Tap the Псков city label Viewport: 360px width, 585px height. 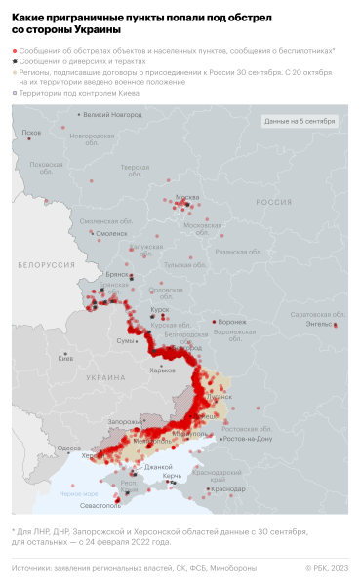(x=32, y=132)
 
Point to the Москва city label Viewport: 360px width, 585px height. (x=186, y=197)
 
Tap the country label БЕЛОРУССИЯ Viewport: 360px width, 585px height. (x=47, y=265)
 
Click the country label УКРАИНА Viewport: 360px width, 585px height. (x=107, y=375)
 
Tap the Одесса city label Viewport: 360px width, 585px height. (x=69, y=448)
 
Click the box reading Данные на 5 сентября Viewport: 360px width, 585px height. (x=300, y=121)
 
